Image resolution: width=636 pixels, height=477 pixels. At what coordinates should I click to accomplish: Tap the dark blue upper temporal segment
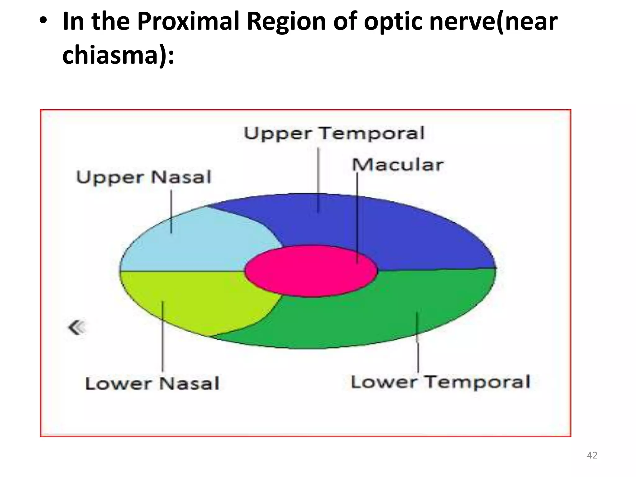(404, 230)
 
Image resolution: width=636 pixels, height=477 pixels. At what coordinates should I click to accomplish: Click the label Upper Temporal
(334, 134)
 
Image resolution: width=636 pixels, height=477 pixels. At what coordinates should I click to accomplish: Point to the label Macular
(397, 165)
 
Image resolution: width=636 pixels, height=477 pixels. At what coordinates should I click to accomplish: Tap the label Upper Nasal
(143, 178)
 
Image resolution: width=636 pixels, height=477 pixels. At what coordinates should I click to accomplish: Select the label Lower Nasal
(152, 384)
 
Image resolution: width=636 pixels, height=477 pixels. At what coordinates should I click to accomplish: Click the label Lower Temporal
(440, 382)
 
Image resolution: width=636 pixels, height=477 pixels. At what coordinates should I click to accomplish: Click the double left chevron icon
(76, 328)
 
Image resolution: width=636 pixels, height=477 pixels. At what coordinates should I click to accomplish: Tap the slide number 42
(592, 455)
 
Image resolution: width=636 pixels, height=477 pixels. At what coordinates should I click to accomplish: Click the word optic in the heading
(393, 22)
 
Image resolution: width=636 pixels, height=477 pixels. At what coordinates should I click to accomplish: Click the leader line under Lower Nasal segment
(163, 342)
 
